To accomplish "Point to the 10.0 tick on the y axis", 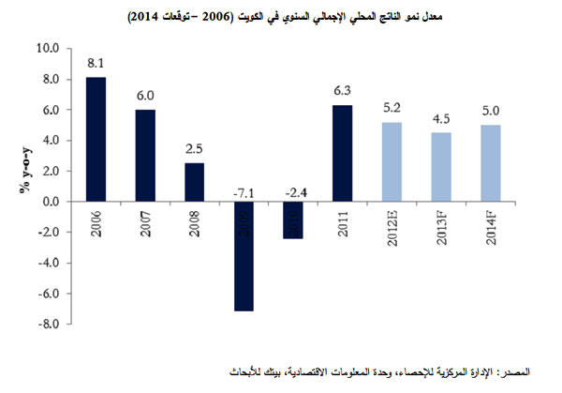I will click(x=47, y=49).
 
